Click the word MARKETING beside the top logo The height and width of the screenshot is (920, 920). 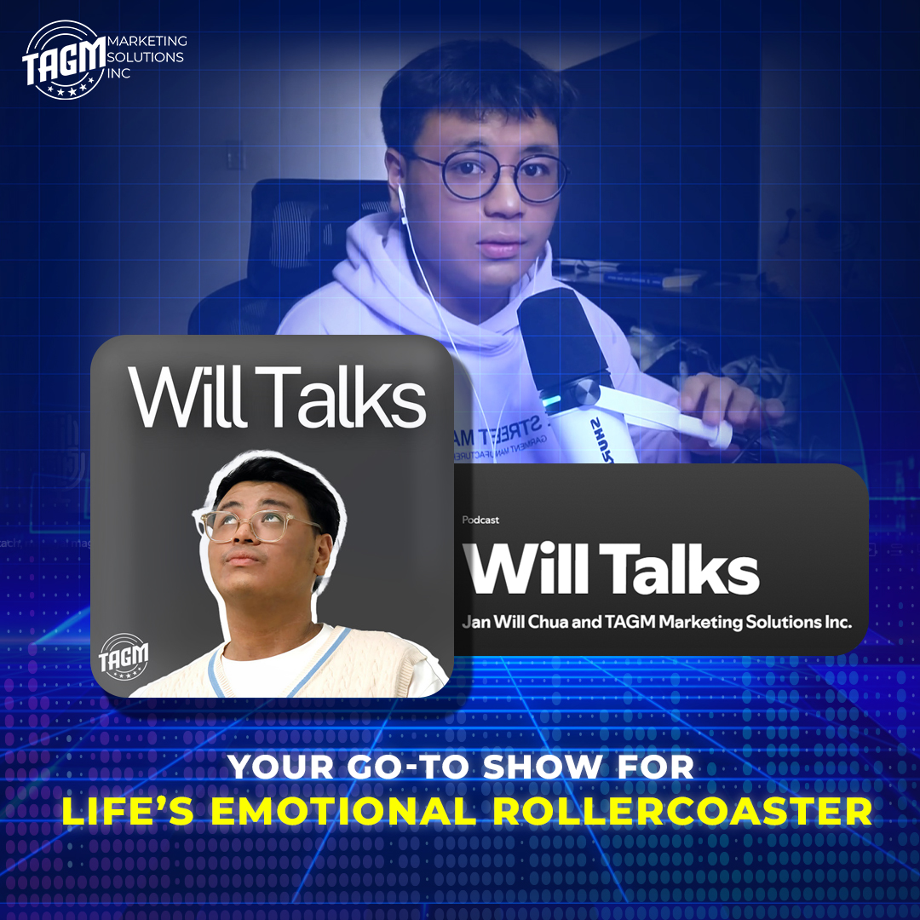pyautogui.click(x=147, y=41)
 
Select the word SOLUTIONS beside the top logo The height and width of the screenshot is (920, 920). pyautogui.click(x=147, y=57)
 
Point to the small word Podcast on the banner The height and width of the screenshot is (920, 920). pyautogui.click(x=480, y=520)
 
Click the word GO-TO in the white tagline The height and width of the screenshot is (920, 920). pyautogui.click(x=418, y=767)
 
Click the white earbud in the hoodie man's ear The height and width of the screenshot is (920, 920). pyautogui.click(x=402, y=198)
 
